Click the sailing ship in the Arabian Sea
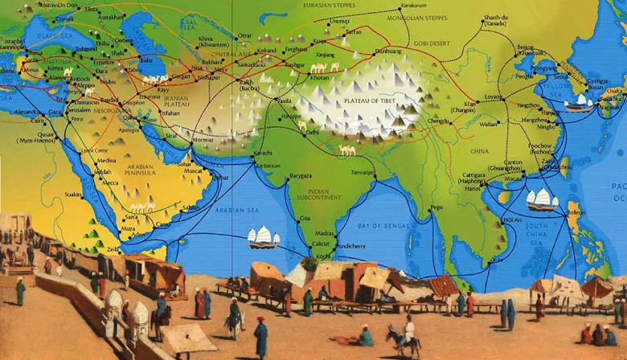tap(262, 238)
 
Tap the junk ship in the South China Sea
tap(541, 199)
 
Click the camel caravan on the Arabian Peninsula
tap(143, 208)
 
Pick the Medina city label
tap(107, 160)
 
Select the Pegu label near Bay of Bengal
tap(437, 207)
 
